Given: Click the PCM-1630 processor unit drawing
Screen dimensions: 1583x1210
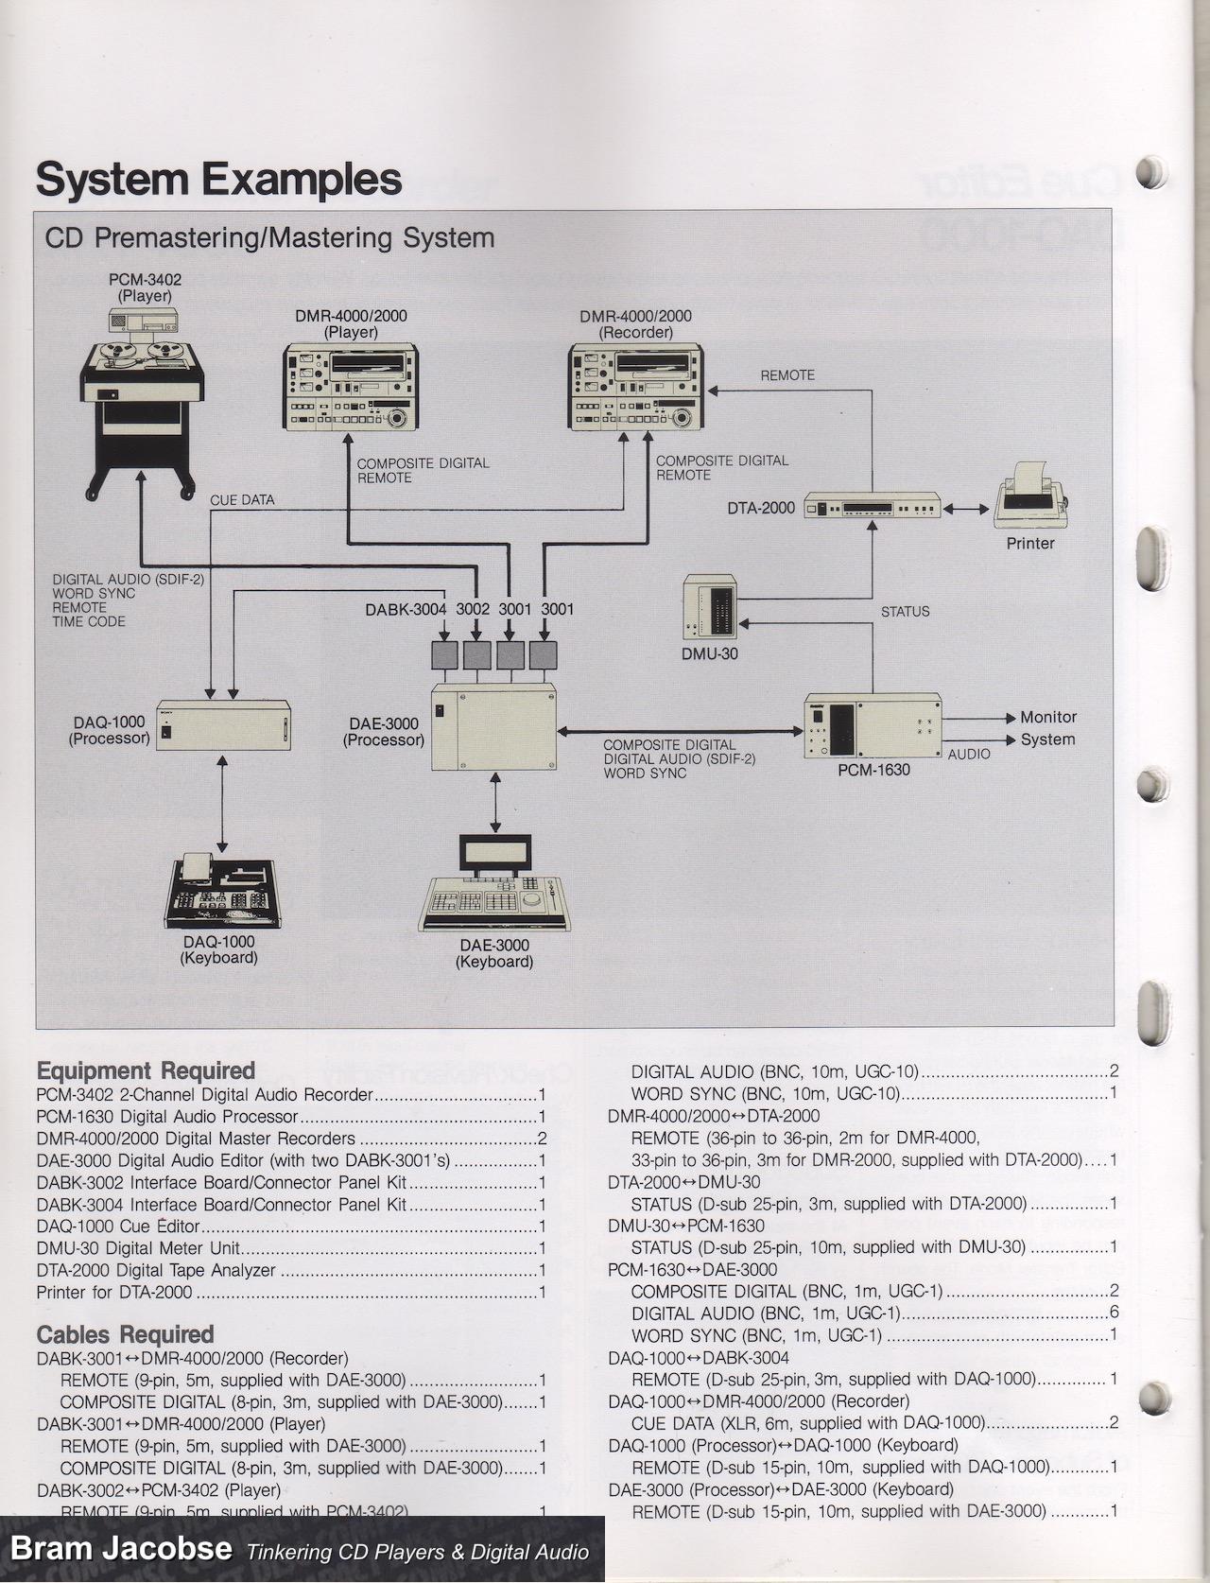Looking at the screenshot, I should pos(873,726).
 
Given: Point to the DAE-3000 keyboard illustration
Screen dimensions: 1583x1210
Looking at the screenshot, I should pos(494,885).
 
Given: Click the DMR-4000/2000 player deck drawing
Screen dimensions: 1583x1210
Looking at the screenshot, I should pos(352,388).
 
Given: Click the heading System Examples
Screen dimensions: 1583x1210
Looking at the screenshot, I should pos(218,180).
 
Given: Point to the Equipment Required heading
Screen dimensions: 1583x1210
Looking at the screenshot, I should pos(146,1070).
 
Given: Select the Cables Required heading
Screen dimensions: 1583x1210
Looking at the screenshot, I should pos(125,1334).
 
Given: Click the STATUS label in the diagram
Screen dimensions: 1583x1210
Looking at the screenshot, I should pos(905,612).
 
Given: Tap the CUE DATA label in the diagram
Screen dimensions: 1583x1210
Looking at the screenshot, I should pos(242,500).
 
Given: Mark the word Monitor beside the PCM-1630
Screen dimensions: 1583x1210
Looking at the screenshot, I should pos(1047,718).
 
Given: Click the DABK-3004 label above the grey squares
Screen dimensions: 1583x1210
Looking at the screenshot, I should pos(406,610).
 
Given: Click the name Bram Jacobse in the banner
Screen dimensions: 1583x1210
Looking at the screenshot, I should pos(121,1548).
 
